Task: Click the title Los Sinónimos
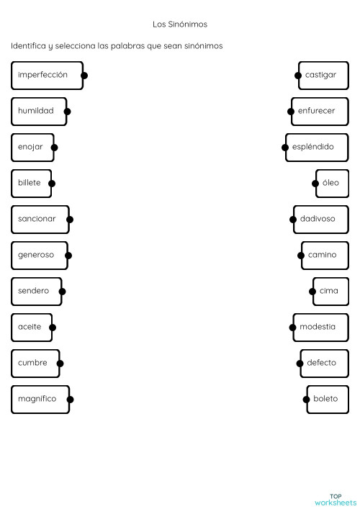pyautogui.click(x=180, y=24)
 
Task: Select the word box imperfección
pyautogui.click(x=47, y=75)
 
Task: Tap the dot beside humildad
pyautogui.click(x=67, y=112)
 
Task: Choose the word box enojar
pyautogui.click(x=33, y=147)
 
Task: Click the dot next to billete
pyautogui.click(x=52, y=184)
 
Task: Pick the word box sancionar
pyautogui.click(x=40, y=219)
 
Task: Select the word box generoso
pyautogui.click(x=39, y=255)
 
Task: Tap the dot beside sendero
pyautogui.click(x=62, y=292)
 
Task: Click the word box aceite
pyautogui.click(x=32, y=327)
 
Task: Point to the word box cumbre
pyautogui.click(x=35, y=363)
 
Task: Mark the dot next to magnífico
pyautogui.click(x=70, y=400)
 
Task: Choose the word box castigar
pyautogui.click(x=323, y=75)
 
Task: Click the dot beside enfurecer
pyautogui.click(x=292, y=112)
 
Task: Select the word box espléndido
pyautogui.click(x=316, y=147)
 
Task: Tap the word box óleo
pyautogui.click(x=332, y=183)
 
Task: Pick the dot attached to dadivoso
pyautogui.click(x=294, y=220)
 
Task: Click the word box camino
pyautogui.click(x=324, y=255)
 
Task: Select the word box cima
pyautogui.click(x=330, y=291)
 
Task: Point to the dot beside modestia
pyautogui.click(x=293, y=328)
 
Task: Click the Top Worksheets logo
pyautogui.click(x=335, y=499)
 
